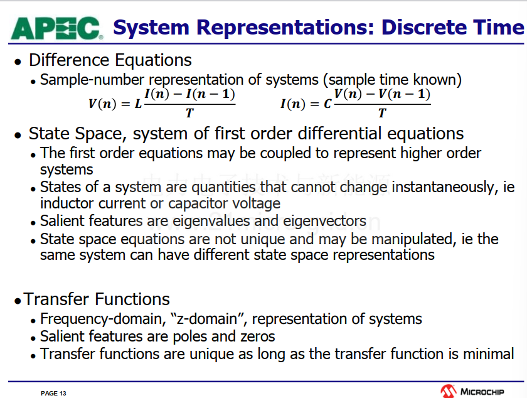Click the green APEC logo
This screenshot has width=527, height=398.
pos(56,28)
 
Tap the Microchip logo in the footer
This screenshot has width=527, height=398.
pos(472,391)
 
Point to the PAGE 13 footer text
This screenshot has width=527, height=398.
pos(53,393)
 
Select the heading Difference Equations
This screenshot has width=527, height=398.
pos(110,60)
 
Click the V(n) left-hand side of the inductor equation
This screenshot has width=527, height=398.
pos(102,104)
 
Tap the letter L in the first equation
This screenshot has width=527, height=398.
pos(138,104)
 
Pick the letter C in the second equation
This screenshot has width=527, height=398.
pos(327,104)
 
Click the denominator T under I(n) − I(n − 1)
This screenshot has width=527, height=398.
pos(189,113)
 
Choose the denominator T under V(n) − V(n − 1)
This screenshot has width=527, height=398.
pos(382,113)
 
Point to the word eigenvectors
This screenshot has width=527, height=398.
pos(325,221)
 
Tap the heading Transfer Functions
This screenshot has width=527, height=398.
pos(97,299)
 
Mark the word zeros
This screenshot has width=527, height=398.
pos(257,336)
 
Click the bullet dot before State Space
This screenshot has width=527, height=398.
pos(18,135)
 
